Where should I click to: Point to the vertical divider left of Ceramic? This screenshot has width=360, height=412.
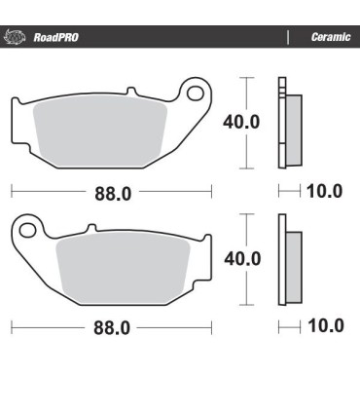288,37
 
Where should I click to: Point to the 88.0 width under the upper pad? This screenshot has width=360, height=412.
112,192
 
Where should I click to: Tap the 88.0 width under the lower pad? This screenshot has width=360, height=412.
112,328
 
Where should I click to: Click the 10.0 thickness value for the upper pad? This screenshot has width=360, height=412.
324,191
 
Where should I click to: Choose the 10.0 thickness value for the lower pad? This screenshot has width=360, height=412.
324,326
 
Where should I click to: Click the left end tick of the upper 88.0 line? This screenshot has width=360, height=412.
11,192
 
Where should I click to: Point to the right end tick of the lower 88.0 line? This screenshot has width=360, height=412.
213,328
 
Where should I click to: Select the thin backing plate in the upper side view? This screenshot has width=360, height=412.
281,123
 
